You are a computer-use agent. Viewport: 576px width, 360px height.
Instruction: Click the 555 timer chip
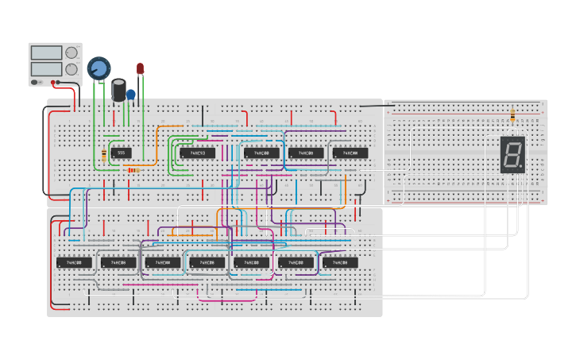[121, 153]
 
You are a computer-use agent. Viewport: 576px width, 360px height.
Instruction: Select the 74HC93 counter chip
[197, 153]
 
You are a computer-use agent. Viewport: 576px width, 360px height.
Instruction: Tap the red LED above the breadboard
[141, 69]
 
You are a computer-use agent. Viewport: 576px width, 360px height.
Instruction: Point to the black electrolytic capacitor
[119, 89]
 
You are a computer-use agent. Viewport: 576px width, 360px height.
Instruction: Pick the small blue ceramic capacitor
[131, 94]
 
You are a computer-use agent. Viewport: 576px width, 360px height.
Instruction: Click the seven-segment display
[512, 154]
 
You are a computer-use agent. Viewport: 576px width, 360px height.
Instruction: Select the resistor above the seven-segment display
[512, 116]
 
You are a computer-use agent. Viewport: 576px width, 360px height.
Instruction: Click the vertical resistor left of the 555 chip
[105, 155]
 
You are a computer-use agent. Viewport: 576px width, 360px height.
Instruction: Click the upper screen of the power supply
[46, 53]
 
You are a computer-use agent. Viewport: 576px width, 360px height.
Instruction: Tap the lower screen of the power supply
[46, 69]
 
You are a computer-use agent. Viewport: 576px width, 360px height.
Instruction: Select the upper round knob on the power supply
[72, 53]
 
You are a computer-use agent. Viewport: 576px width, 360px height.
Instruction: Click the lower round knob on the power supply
[72, 69]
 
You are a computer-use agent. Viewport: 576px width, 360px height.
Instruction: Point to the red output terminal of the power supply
[53, 82]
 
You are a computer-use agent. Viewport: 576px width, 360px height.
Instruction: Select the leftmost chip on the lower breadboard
[74, 262]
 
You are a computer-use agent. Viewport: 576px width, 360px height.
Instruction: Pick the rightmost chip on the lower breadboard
[340, 262]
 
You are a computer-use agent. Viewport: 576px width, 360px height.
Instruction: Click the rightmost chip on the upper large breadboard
[350, 153]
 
